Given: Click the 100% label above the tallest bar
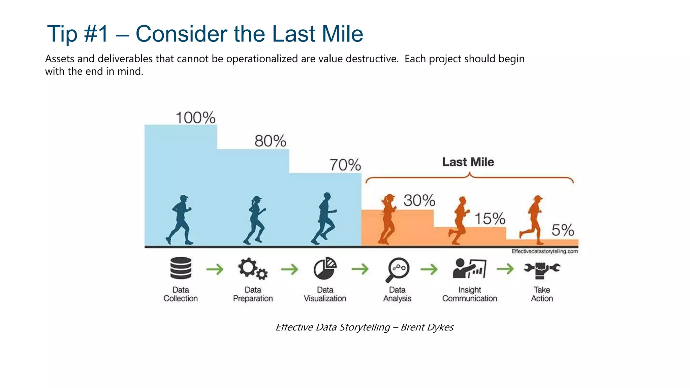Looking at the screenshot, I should [x=195, y=118].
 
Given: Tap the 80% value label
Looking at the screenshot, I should [x=270, y=141].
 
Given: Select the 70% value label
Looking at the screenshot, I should [x=345, y=165].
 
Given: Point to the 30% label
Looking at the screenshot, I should [x=419, y=200].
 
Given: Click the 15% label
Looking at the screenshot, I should [x=490, y=219].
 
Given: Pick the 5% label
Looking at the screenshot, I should [x=563, y=230].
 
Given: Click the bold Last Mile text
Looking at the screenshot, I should [x=468, y=162].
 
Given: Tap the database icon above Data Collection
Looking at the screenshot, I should [x=181, y=268].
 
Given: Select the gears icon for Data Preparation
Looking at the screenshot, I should [x=253, y=268].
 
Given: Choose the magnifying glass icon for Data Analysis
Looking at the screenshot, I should [x=397, y=269].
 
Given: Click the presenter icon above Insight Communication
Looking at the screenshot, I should [x=469, y=268].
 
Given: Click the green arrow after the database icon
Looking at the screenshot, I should [x=215, y=269].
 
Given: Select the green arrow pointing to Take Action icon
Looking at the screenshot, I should [x=505, y=269].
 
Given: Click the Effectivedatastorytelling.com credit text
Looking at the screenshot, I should [x=544, y=251].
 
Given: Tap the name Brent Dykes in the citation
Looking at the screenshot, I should [x=427, y=327].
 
